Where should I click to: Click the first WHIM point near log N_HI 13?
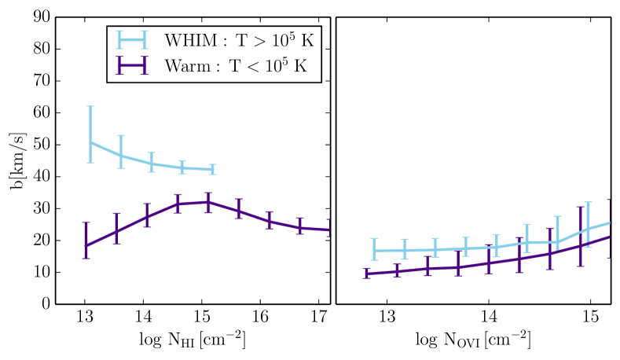pos(90,142)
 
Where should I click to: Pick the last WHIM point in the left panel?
pos(212,169)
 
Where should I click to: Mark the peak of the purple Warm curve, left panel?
pos(207,202)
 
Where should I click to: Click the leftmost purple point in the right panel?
pos(366,274)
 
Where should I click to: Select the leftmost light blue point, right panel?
pos(375,251)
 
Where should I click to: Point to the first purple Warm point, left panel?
pos(86,245)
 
